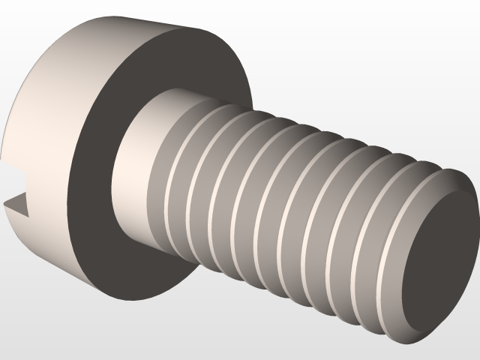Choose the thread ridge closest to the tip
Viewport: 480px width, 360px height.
click(390, 247)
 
